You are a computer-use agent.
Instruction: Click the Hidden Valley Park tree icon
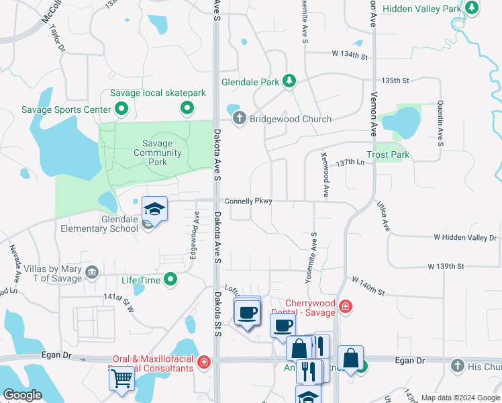click(x=472, y=8)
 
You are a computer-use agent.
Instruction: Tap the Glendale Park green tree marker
click(x=289, y=82)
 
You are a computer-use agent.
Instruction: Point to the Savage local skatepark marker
click(x=187, y=107)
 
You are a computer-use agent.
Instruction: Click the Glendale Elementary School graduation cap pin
click(x=154, y=210)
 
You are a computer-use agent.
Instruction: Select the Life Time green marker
click(x=170, y=279)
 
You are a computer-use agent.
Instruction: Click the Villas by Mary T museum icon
click(x=93, y=273)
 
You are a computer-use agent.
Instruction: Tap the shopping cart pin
click(x=121, y=379)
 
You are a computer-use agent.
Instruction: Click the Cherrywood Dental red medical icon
click(x=345, y=307)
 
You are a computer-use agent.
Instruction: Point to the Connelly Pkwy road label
click(x=248, y=201)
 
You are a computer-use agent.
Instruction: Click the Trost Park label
click(x=392, y=154)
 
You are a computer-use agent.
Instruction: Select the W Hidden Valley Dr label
click(x=464, y=238)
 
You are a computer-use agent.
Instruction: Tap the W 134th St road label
click(x=350, y=53)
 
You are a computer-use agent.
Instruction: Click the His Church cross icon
click(x=457, y=365)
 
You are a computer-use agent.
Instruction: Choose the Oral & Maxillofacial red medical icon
click(x=204, y=363)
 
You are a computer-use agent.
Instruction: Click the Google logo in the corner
click(x=22, y=395)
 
